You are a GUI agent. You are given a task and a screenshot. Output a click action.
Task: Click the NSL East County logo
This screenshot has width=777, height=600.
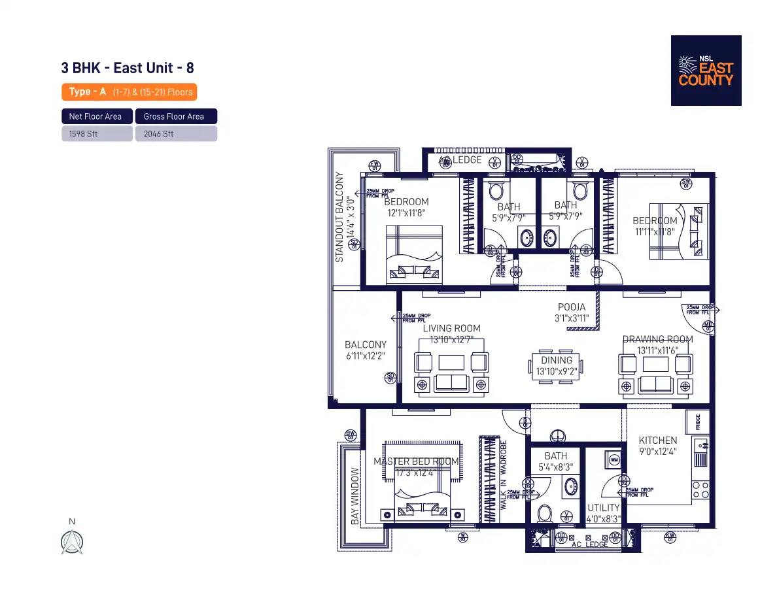click(706, 71)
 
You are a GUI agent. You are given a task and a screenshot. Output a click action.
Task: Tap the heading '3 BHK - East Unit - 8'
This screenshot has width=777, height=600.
click(127, 68)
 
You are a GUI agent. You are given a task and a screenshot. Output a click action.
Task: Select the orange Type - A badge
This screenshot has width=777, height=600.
click(129, 92)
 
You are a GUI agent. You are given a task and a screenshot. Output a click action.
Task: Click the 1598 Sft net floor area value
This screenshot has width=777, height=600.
click(97, 134)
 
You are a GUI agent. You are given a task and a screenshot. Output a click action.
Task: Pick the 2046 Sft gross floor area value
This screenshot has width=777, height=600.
click(176, 134)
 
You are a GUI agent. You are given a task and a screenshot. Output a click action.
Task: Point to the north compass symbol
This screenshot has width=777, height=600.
click(72, 542)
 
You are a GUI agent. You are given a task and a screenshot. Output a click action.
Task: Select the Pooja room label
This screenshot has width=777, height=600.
click(572, 307)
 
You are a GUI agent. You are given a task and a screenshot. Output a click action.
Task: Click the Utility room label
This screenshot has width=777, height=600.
click(603, 508)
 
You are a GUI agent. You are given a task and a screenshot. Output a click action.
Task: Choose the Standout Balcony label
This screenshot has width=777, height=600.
click(339, 217)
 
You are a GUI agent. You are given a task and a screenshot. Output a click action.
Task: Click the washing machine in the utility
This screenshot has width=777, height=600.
click(613, 459)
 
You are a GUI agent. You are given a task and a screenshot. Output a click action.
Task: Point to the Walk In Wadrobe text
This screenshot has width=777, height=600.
click(504, 475)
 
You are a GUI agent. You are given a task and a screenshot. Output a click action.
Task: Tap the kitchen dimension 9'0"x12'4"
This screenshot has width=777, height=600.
click(657, 451)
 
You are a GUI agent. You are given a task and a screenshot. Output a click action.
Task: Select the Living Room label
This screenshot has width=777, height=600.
click(451, 328)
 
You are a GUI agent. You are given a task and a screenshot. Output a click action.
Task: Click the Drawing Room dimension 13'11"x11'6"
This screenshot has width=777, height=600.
click(657, 350)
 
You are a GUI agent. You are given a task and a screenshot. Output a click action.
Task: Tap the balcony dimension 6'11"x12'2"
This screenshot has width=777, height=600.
click(365, 356)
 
